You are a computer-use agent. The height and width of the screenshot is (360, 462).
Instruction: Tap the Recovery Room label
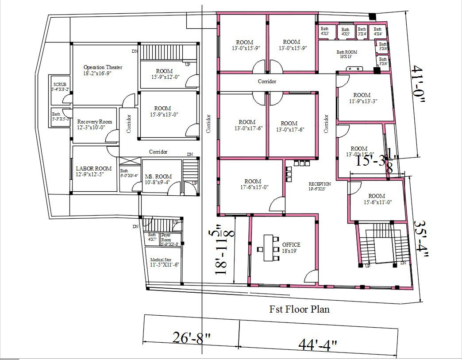coord(94,124)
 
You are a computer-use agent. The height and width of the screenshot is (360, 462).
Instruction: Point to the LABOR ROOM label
coord(93,171)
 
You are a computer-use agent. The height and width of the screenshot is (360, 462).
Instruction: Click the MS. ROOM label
coord(158,179)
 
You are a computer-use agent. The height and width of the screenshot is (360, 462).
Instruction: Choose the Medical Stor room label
coord(161,262)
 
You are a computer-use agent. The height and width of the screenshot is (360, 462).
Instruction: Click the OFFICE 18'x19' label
coord(291,248)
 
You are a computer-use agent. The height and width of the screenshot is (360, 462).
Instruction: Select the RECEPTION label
coord(320,186)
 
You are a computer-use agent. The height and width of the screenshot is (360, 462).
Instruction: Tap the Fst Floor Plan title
coord(300,309)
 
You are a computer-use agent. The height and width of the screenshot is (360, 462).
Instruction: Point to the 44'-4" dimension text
coord(318,344)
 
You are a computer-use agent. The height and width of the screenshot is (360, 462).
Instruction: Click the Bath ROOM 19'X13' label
coord(346,54)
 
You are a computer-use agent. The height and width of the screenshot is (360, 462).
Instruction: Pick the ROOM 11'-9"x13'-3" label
coord(362,98)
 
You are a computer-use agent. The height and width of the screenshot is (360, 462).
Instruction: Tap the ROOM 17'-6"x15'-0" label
coord(253,184)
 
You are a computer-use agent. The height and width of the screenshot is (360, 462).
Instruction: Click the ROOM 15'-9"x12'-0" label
coord(164,74)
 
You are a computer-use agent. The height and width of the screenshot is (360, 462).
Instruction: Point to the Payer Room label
coord(166,239)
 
